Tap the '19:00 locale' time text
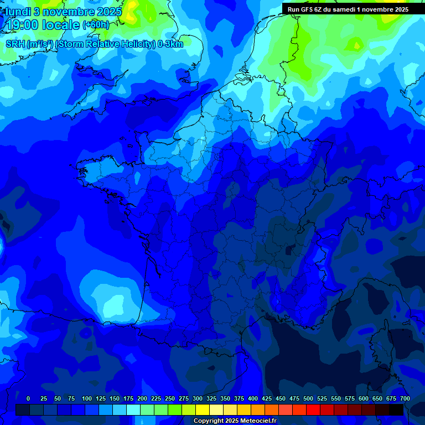coord(43,25)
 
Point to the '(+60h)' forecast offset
coord(96,25)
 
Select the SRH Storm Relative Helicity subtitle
coord(95,44)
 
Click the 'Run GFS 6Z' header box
coord(348,9)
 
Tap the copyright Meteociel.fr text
coord(234,421)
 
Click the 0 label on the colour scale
coord(28,398)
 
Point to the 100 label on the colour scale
coord(87,398)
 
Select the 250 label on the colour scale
coord(170,398)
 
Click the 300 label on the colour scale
coord(198,398)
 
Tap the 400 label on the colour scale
coord(253,398)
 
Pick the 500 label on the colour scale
coord(308,398)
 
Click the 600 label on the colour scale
coord(364,398)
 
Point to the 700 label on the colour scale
coord(405,398)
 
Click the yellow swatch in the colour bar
coord(203,410)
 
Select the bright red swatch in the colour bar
coord(313,410)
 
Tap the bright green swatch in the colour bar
coord(175,410)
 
